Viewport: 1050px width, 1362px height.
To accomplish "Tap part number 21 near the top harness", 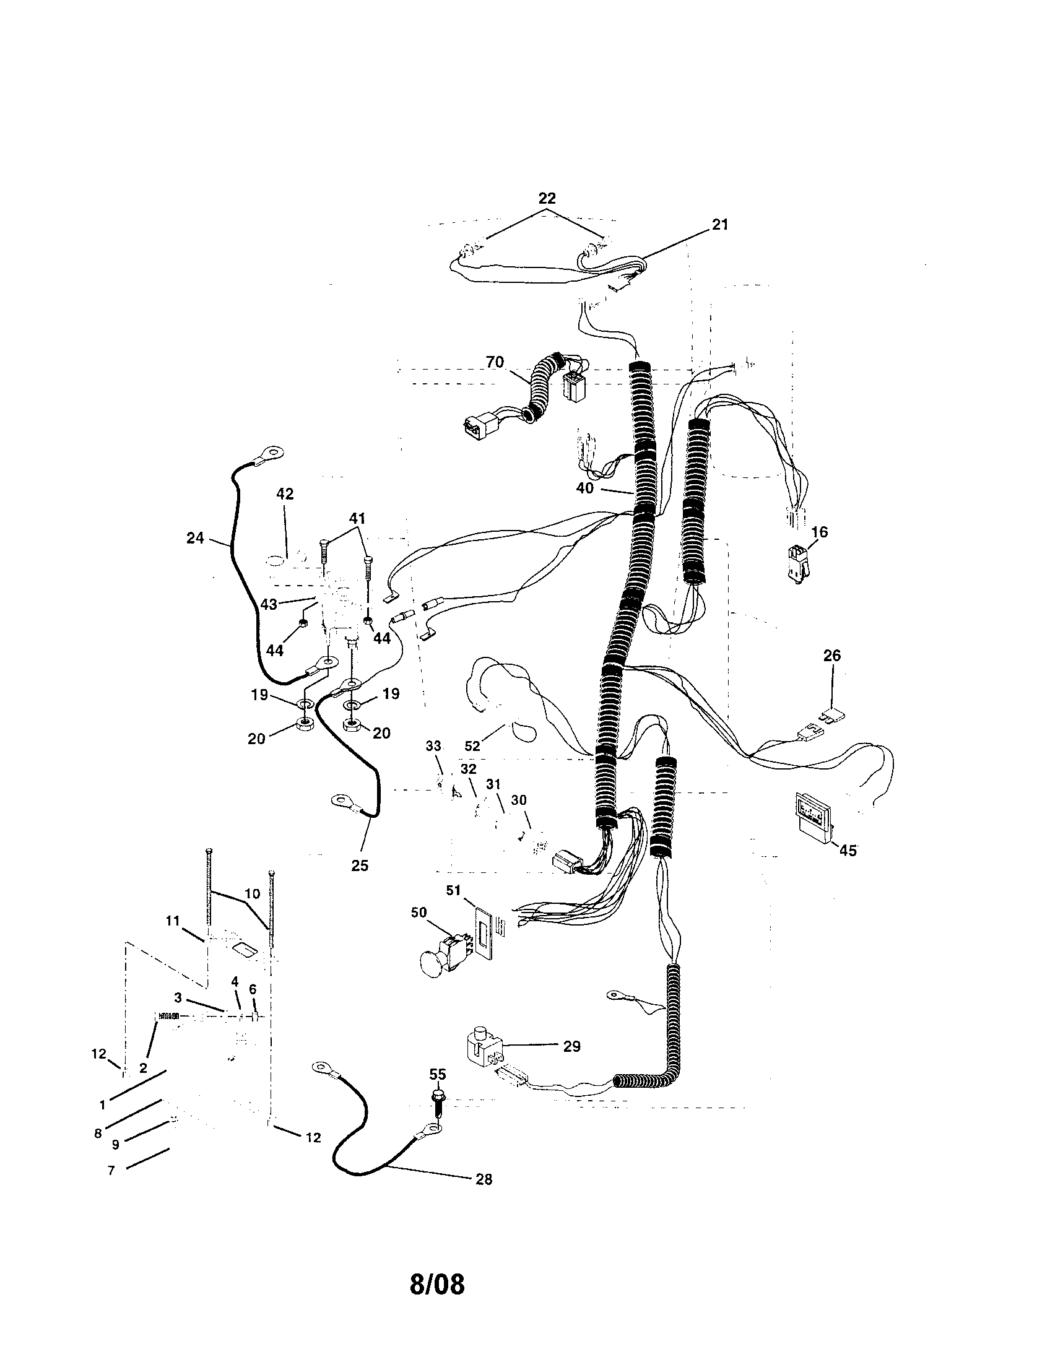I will (x=719, y=225).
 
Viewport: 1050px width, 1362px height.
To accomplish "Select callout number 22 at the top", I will (x=547, y=198).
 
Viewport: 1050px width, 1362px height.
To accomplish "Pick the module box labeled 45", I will (x=813, y=811).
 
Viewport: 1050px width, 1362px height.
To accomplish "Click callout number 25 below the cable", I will (x=360, y=865).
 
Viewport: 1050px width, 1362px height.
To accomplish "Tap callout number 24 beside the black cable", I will (x=195, y=537).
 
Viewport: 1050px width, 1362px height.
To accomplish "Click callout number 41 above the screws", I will (x=357, y=518).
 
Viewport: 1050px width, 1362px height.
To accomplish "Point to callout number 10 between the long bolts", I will (x=252, y=893).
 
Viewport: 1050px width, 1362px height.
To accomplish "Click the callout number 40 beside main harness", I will (x=584, y=488).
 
